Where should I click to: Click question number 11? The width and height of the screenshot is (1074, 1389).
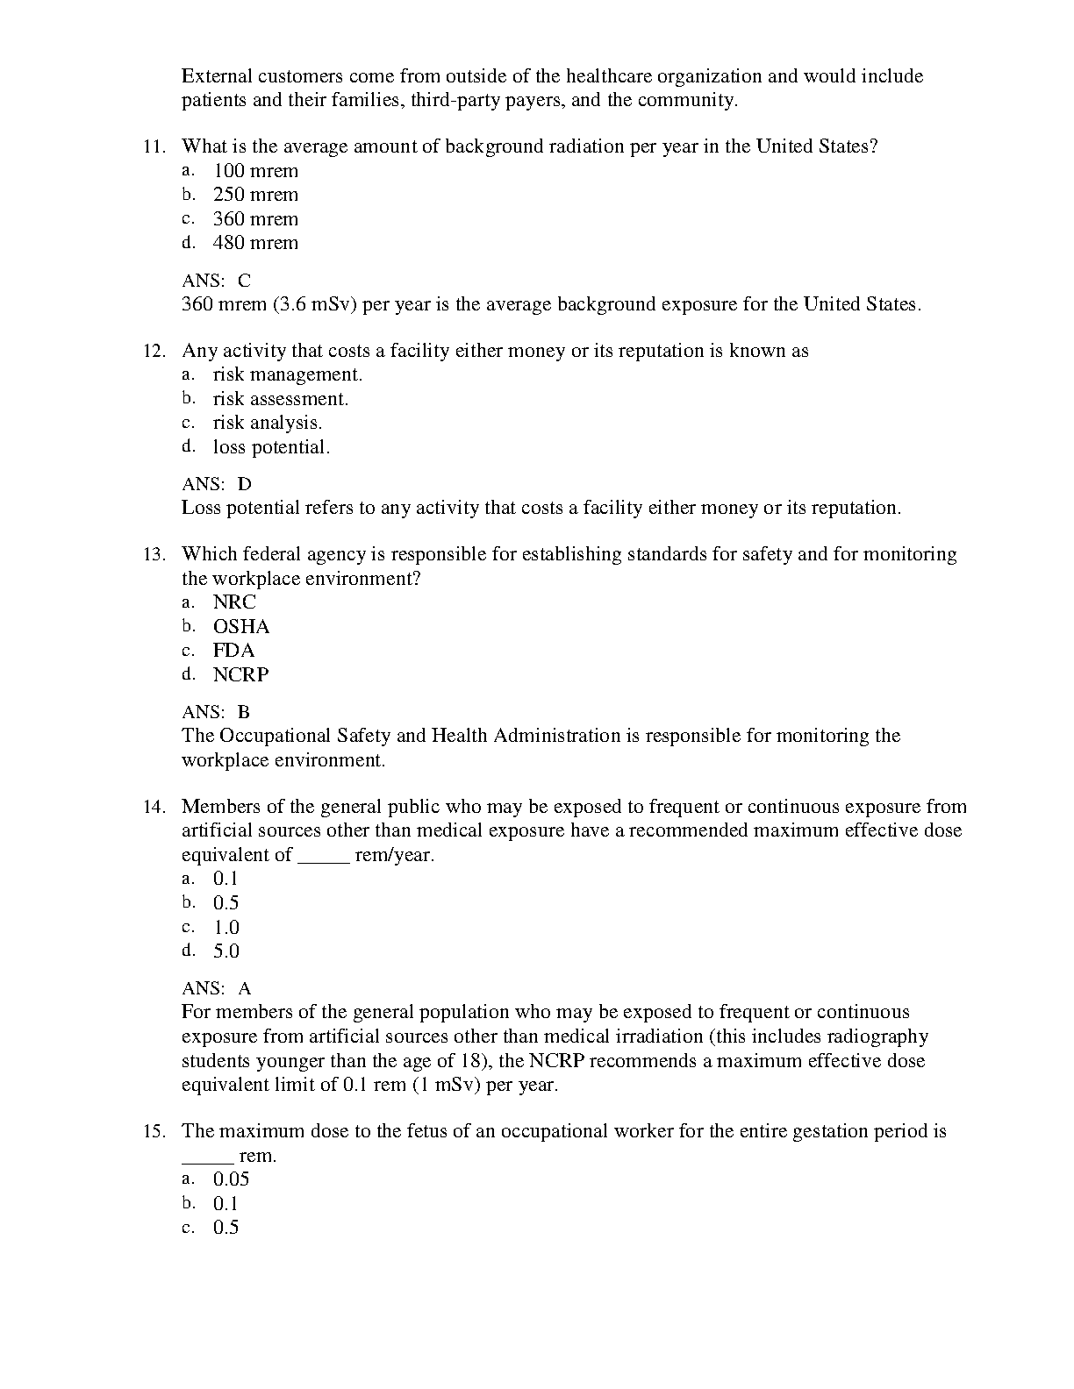pos(154,146)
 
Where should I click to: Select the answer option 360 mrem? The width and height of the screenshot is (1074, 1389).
pos(255,219)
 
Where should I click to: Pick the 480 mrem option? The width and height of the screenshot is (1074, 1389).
pos(255,243)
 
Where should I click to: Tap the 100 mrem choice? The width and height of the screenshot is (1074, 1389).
pos(255,171)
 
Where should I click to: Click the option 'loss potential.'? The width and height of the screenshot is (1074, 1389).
pos(271,447)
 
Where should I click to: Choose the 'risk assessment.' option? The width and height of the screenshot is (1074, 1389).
pos(280,399)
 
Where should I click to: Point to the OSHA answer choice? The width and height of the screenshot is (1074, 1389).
pos(241,627)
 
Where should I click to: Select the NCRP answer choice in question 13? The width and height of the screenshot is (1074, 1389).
pos(240,675)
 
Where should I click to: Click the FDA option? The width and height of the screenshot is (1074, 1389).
pos(233,651)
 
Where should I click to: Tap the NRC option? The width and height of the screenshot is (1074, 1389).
pos(234,602)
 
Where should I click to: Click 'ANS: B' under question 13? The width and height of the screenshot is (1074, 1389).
pos(216,712)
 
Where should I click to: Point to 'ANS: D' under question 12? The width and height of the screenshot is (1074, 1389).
pos(216,484)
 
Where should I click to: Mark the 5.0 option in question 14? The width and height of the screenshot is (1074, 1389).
pos(226,951)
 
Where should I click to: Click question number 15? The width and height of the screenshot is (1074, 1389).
pos(154,1131)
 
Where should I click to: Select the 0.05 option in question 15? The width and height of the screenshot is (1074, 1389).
pos(231,1179)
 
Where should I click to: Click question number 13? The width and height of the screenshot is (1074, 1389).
pos(154,554)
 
